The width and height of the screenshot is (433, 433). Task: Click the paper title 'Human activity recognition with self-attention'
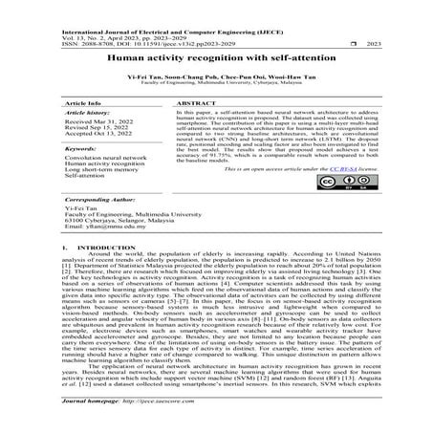[216, 58]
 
